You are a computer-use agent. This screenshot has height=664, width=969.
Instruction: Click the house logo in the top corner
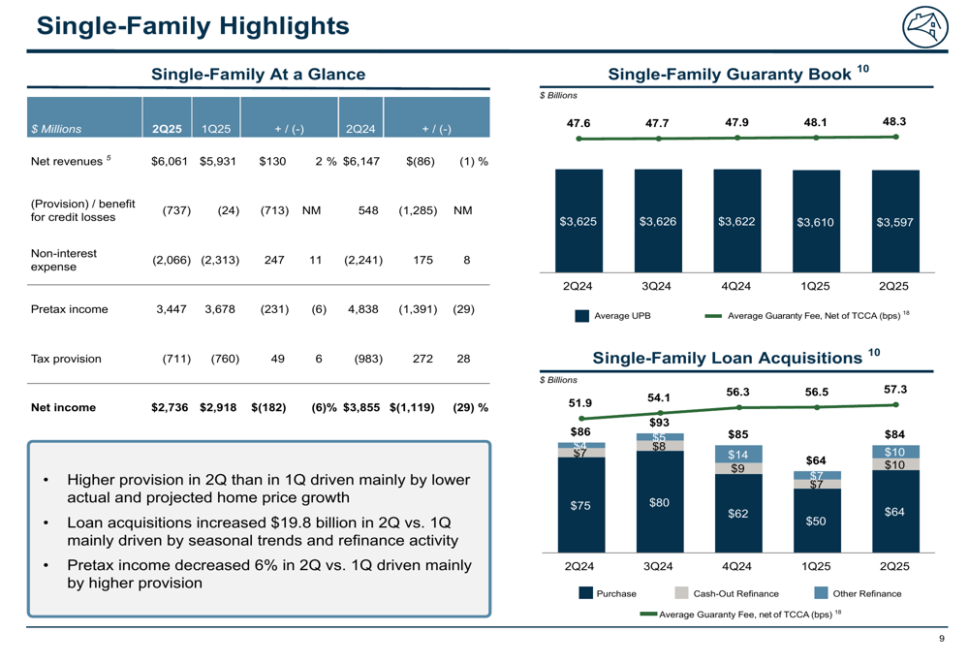[925, 26]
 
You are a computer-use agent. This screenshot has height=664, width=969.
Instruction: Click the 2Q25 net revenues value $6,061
[170, 161]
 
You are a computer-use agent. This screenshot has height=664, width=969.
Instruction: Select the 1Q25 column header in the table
[216, 129]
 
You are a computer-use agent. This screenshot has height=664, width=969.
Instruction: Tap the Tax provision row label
[66, 359]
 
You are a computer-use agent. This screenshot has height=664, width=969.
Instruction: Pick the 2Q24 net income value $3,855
[361, 407]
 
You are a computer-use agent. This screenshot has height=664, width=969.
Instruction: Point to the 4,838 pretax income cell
[362, 309]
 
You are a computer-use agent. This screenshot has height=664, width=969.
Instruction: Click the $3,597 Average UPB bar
[895, 221]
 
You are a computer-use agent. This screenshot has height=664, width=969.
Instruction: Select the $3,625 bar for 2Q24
[579, 221]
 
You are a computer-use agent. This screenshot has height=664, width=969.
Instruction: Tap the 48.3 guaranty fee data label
[894, 121]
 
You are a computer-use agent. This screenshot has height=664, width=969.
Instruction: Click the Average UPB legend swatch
[581, 316]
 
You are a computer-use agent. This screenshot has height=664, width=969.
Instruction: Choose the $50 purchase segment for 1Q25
[817, 521]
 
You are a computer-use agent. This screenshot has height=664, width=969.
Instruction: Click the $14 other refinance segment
[738, 454]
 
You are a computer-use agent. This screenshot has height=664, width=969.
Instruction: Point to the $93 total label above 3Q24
[659, 423]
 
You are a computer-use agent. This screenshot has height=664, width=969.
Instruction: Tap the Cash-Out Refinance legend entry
[727, 593]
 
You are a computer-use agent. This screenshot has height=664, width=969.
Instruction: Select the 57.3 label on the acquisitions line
[895, 389]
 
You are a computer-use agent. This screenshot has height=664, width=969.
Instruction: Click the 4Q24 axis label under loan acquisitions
[736, 566]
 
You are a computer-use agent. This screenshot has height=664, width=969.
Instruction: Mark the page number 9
[942, 639]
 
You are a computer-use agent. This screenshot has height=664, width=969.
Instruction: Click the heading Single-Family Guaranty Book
[730, 75]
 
